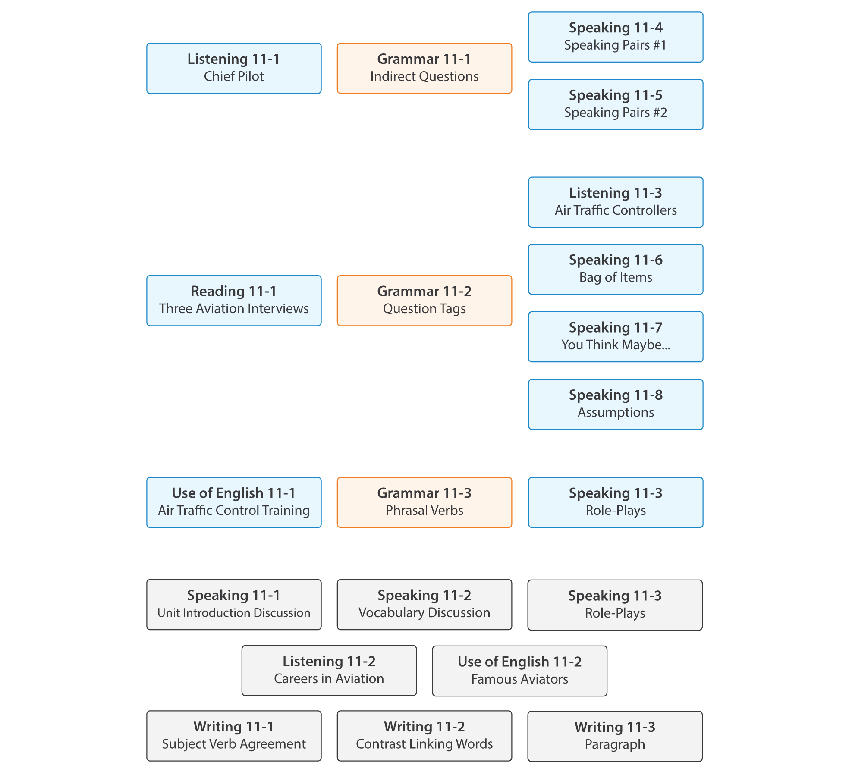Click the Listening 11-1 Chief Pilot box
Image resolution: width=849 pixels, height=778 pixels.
click(234, 68)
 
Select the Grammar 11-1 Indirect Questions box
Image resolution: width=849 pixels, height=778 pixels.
click(424, 68)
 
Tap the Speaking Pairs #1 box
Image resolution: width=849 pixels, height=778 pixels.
click(616, 37)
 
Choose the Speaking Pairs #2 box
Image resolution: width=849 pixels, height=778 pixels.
click(616, 104)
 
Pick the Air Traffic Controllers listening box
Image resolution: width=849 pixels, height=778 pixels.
click(616, 202)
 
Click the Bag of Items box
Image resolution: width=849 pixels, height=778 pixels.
click(616, 270)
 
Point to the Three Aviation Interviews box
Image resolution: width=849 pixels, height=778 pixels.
click(234, 301)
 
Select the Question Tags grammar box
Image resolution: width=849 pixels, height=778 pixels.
click(424, 301)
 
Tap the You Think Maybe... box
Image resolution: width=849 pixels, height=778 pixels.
click(616, 337)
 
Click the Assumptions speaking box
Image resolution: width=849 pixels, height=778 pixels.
click(616, 404)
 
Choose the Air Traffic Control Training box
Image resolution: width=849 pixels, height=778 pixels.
click(234, 502)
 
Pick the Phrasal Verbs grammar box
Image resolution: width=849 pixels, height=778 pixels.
click(424, 502)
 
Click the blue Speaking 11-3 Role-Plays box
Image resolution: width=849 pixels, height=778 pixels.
click(616, 502)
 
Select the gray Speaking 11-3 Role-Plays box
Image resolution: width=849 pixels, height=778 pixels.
click(615, 605)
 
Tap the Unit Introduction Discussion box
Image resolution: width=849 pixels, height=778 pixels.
click(234, 605)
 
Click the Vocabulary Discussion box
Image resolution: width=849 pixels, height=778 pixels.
click(424, 605)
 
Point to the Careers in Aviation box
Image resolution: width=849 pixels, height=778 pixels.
click(329, 671)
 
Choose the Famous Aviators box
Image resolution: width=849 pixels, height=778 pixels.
click(519, 671)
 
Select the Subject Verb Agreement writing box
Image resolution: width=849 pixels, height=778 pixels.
click(234, 736)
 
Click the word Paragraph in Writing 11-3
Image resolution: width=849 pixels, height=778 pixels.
click(615, 744)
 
